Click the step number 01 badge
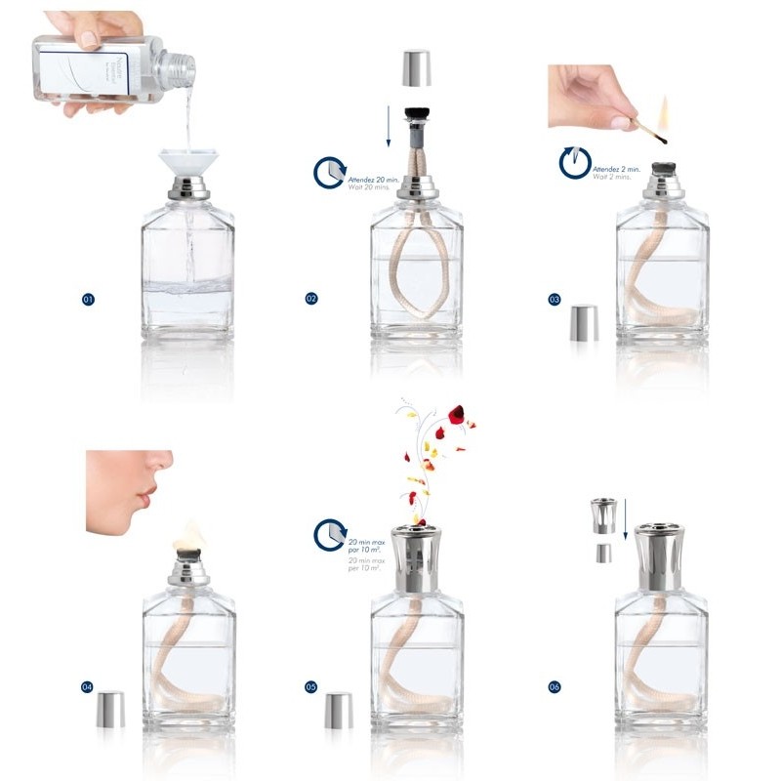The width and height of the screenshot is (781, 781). coord(88,299)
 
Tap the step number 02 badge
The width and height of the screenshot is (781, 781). coord(311,299)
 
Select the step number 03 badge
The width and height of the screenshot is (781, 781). coord(554,299)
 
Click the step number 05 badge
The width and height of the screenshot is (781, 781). coord(311,687)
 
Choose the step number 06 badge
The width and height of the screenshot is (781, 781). coord(554,687)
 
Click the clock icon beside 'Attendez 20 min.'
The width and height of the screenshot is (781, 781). coord(328,174)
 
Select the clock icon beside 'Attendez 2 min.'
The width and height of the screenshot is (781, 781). coord(574,162)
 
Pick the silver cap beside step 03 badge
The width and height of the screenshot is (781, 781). coord(585,323)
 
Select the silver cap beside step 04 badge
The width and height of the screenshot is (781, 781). coord(111,709)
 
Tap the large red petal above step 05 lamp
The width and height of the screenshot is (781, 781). coord(455,415)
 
